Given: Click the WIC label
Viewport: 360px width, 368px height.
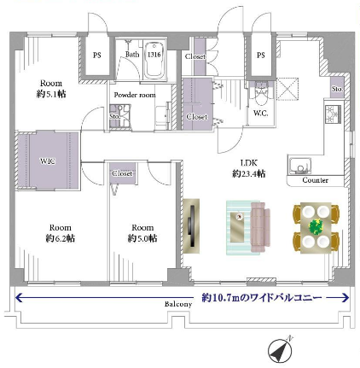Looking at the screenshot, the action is [48, 161].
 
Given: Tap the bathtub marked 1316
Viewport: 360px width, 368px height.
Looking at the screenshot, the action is [154, 61].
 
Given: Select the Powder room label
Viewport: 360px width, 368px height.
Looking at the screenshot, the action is [135, 95].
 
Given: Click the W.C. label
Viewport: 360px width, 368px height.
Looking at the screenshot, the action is [260, 114].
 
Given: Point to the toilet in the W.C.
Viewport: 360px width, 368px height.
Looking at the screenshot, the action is [261, 94].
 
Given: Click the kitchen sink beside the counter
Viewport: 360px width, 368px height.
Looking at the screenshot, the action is [299, 166].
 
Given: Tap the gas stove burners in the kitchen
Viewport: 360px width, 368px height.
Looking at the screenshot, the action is [333, 114].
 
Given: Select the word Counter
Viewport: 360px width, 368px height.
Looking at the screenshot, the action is [315, 180].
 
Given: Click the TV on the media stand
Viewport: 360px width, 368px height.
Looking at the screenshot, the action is [192, 226].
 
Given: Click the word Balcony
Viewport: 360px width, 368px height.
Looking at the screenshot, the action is [178, 304].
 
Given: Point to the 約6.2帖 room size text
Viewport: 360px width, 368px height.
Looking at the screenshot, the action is [61, 238].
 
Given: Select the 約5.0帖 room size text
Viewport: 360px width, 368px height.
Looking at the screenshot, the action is [142, 238].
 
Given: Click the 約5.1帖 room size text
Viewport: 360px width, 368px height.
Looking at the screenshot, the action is [51, 94].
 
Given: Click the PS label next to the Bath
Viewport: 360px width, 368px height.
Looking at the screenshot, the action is [97, 55].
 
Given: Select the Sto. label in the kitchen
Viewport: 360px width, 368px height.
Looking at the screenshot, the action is [337, 89].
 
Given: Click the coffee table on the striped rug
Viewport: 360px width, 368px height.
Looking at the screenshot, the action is [238, 227].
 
